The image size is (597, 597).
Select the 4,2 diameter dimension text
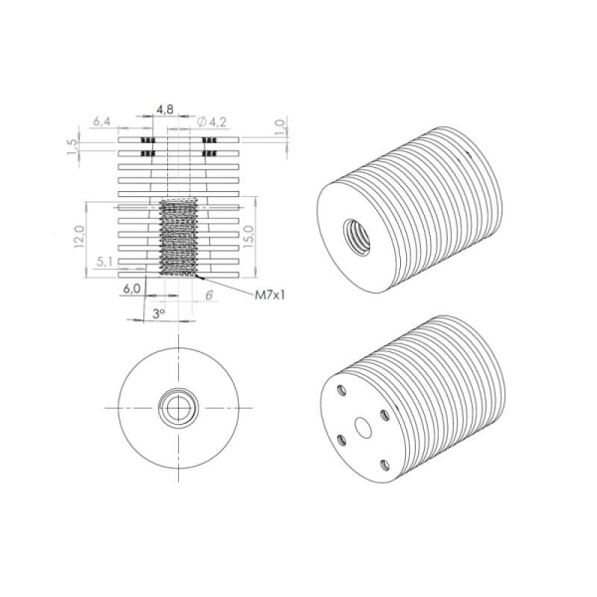218,121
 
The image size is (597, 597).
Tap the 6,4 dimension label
101,121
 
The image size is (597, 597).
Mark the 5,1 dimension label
104,262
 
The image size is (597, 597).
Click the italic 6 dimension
208,296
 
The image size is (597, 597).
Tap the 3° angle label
158,311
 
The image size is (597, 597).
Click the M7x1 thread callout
271,296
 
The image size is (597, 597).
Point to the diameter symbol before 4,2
203,121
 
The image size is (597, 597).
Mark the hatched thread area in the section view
180,237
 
